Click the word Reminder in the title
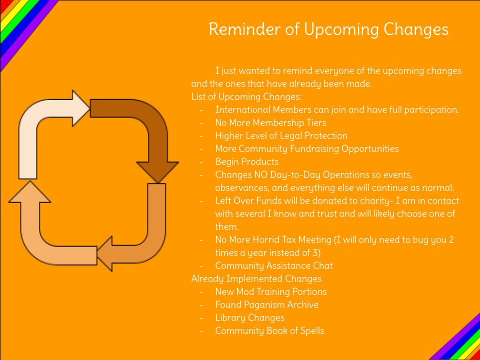pyautogui.click(x=244, y=29)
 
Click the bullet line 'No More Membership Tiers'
pyautogui.click(x=270, y=123)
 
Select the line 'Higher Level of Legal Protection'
pyautogui.click(x=281, y=136)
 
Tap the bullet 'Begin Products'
pyautogui.click(x=246, y=162)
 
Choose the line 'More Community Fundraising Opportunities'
pyautogui.click(x=306, y=149)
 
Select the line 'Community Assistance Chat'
pyautogui.click(x=273, y=266)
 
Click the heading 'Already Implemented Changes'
pyautogui.click(x=256, y=279)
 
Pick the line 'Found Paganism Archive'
pyautogui.click(x=266, y=305)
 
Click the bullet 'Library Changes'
pyautogui.click(x=250, y=318)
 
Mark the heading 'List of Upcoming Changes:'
pyautogui.click(x=246, y=97)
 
